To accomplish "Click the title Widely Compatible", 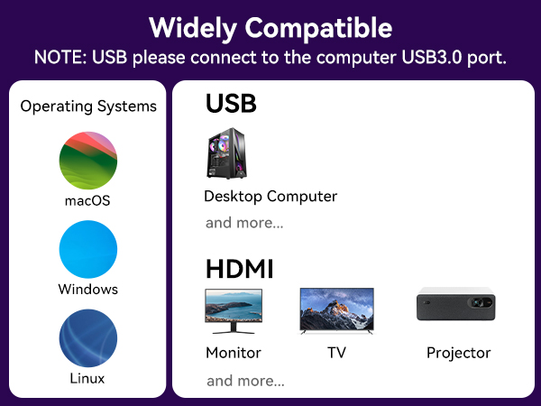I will pos(270,27).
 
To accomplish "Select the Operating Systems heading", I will pos(88,106).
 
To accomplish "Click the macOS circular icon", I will pos(88,160).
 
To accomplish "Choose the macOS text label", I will pos(88,200).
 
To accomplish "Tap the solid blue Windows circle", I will pos(88,249).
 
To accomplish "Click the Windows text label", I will pos(88,290).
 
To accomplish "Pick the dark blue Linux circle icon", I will pos(88,337).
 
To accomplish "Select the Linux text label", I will pos(88,378).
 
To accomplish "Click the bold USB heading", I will pos(231,104).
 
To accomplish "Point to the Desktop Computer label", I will pos(270,196).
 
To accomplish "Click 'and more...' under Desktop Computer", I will pos(244,223).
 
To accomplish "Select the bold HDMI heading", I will pos(239,269).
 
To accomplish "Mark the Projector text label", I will pos(458,353).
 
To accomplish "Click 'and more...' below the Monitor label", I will pos(245,381).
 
